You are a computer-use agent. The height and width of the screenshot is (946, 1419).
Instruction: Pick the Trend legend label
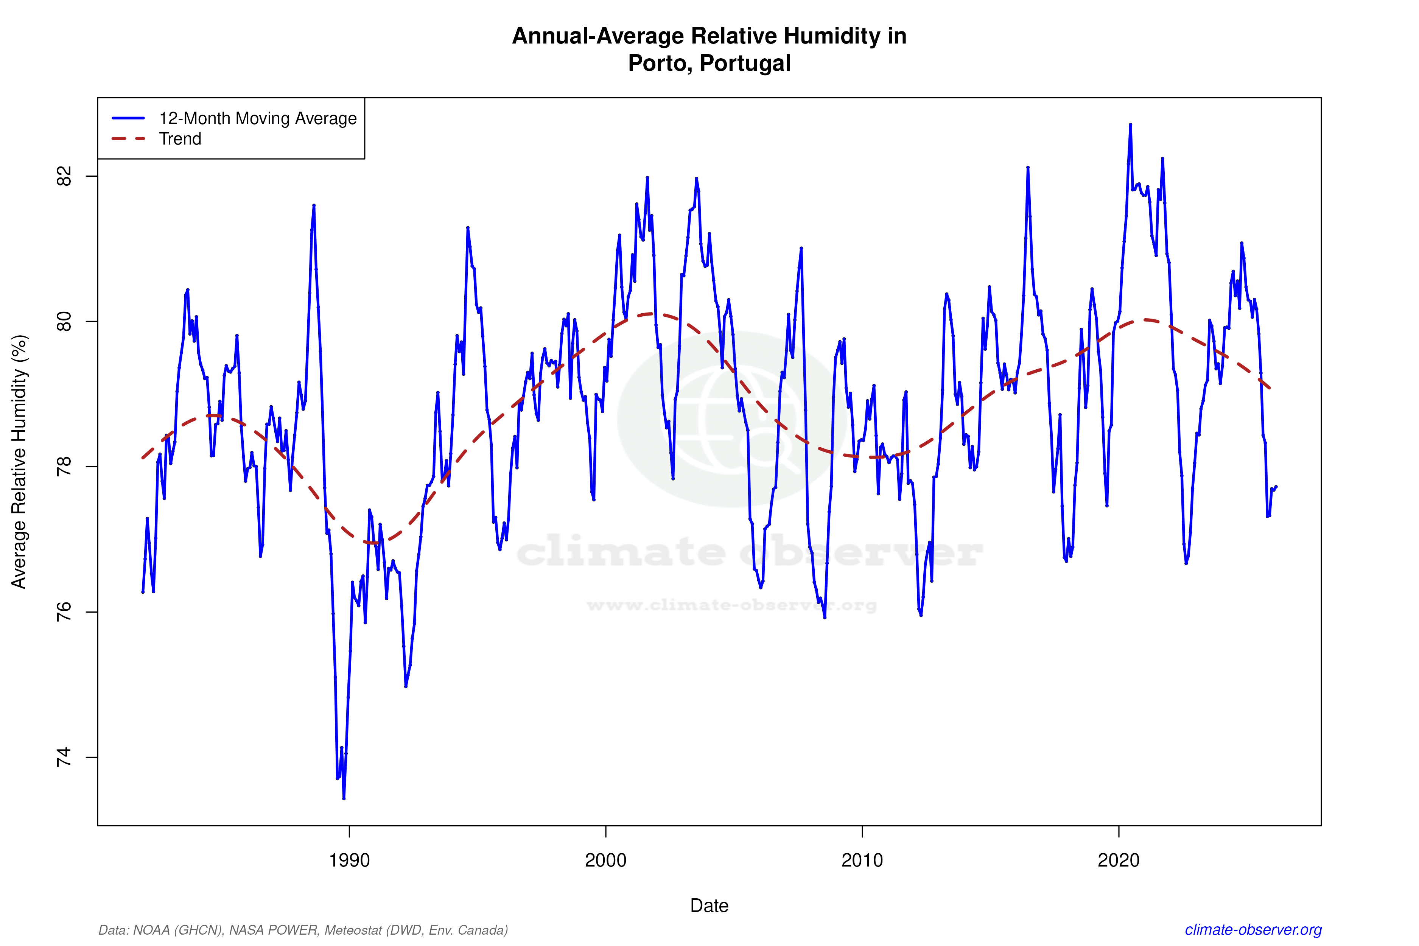click(x=180, y=139)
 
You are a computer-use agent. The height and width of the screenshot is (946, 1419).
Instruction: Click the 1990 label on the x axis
click(x=349, y=860)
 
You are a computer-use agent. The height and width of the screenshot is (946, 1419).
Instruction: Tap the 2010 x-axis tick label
click(x=862, y=860)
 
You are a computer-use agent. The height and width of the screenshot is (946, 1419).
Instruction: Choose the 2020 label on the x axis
click(x=1119, y=860)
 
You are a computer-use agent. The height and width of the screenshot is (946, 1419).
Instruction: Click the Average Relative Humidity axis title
click(x=19, y=462)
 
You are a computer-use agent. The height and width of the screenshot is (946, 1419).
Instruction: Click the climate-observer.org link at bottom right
click(x=1253, y=930)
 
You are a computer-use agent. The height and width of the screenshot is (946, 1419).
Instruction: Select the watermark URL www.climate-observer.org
click(x=731, y=605)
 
